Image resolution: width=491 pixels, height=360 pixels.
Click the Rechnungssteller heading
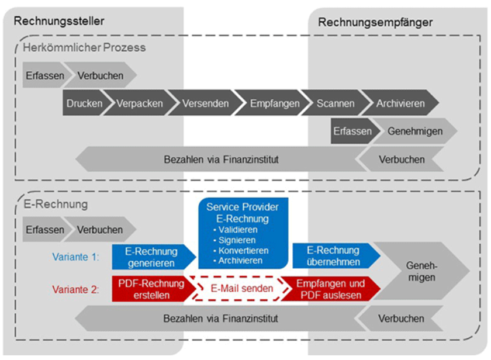[59, 22]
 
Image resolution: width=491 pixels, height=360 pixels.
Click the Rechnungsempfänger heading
[375, 22]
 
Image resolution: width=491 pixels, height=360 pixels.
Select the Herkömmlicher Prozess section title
[84, 47]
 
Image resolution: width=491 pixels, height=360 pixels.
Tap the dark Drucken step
[84, 103]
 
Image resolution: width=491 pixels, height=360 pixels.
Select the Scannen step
[335, 103]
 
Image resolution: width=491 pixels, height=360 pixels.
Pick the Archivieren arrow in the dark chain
[400, 103]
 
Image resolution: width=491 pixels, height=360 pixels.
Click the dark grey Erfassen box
[352, 131]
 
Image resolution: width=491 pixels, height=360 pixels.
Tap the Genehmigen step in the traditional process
[414, 131]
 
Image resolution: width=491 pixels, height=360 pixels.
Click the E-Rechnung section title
[56, 205]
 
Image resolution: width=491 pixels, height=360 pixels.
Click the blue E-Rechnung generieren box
[151, 257]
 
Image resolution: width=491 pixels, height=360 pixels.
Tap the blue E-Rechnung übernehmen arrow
[331, 257]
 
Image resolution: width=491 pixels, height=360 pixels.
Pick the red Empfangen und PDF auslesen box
[330, 289]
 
